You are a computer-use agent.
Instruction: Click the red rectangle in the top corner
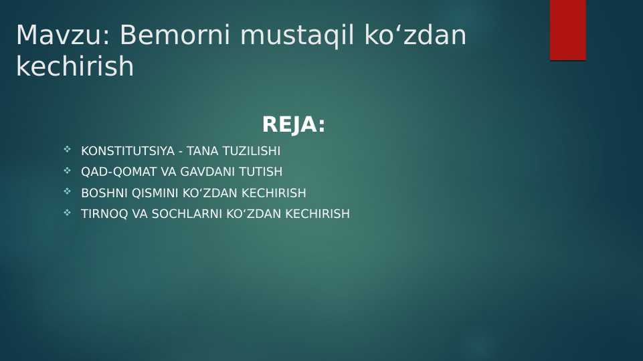pos(567,30)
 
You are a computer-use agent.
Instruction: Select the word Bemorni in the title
pos(175,35)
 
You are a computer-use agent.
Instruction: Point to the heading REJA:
pos(294,125)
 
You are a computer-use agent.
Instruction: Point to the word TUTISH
pos(260,172)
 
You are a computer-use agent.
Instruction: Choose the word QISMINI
pos(155,193)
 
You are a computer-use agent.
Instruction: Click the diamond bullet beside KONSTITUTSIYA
pos(67,150)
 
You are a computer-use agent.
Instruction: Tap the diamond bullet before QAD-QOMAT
pos(67,170)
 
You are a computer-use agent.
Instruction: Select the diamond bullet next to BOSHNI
pos(67,192)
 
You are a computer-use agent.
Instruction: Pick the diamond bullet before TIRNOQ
pos(67,213)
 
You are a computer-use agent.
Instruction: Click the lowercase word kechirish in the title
pos(75,67)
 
